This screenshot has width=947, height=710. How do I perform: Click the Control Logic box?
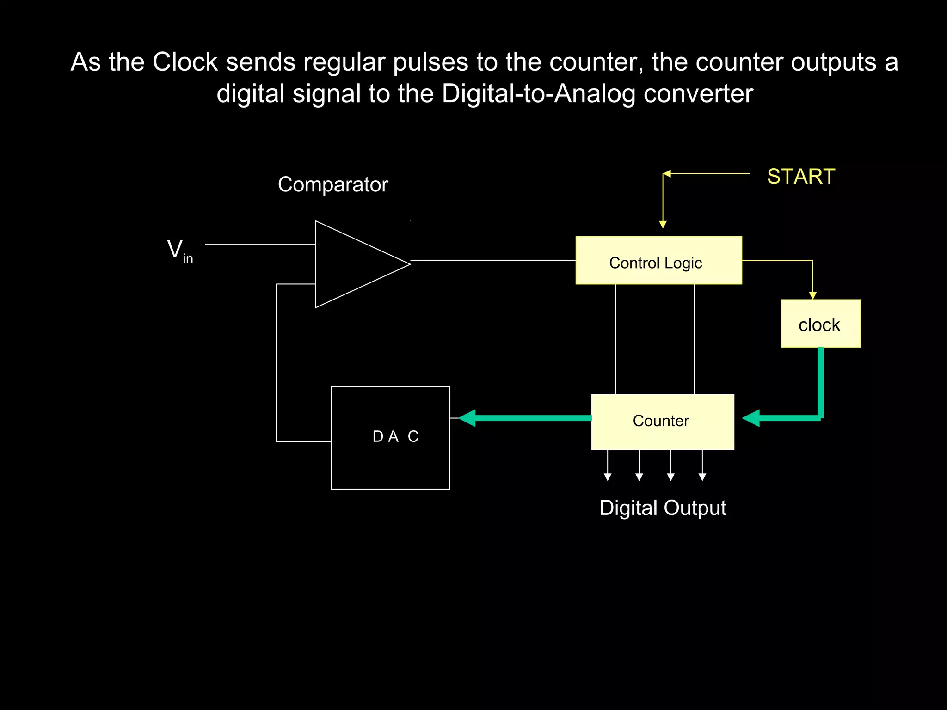pyautogui.click(x=658, y=261)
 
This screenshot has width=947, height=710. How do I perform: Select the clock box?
pyautogui.click(x=820, y=324)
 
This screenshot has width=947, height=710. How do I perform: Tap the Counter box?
pyautogui.click(x=662, y=422)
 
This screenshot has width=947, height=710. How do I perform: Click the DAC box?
pyautogui.click(x=390, y=437)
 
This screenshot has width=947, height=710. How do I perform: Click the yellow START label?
pyautogui.click(x=801, y=177)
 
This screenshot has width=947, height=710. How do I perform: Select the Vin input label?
pyautogui.click(x=179, y=251)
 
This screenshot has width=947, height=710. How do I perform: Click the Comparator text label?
pyautogui.click(x=333, y=184)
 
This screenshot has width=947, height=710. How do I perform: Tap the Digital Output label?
pyautogui.click(x=662, y=508)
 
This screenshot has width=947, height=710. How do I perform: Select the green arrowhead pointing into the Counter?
pyautogui.click(x=751, y=418)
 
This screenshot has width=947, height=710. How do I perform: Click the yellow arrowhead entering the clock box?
pyautogui.click(x=812, y=295)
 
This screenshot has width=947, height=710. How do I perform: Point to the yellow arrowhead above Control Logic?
pyautogui.click(x=663, y=225)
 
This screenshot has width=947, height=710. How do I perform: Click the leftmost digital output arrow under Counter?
pyautogui.click(x=608, y=477)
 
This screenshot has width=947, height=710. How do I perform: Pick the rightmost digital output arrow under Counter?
pyautogui.click(x=702, y=477)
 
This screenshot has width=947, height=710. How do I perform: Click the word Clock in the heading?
pyautogui.click(x=185, y=62)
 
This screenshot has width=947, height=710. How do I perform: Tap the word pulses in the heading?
pyautogui.click(x=430, y=63)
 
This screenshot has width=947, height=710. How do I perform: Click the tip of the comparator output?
pyautogui.click(x=409, y=264)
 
